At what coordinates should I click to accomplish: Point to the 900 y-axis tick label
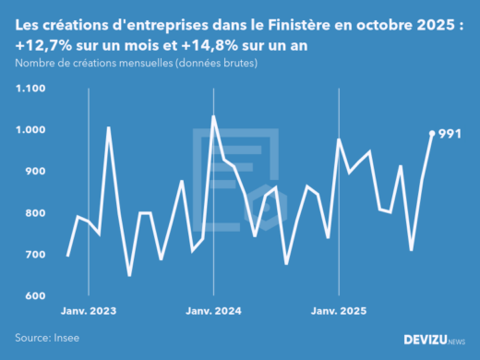click(x=35, y=172)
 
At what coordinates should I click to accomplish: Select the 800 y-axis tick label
click(x=35, y=213)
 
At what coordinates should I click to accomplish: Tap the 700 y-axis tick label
click(x=35, y=255)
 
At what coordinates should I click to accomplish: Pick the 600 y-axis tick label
click(x=35, y=296)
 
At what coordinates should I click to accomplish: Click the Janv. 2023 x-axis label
click(x=89, y=312)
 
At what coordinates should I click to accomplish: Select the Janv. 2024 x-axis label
click(x=214, y=312)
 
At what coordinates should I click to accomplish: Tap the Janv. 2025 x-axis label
click(x=339, y=312)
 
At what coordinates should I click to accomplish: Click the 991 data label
click(x=450, y=134)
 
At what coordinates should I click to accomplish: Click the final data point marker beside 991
click(x=433, y=133)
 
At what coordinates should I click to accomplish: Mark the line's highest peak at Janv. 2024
click(x=214, y=117)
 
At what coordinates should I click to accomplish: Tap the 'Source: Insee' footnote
click(x=47, y=338)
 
